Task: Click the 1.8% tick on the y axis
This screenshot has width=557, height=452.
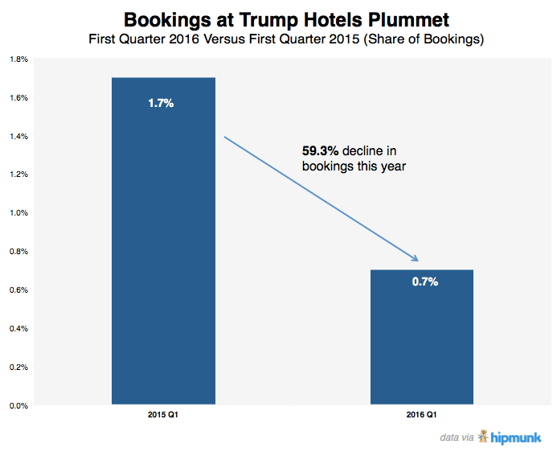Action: click(x=18, y=60)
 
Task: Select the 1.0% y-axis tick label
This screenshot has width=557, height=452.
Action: click(x=18, y=213)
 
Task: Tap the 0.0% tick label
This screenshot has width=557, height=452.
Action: click(x=18, y=405)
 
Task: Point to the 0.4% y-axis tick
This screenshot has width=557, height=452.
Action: click(x=18, y=328)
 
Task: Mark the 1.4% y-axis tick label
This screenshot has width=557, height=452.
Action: click(x=18, y=137)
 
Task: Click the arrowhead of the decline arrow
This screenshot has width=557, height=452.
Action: click(x=416, y=258)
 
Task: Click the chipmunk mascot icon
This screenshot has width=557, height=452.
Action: click(x=483, y=436)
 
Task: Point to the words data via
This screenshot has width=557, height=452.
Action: click(x=457, y=438)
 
